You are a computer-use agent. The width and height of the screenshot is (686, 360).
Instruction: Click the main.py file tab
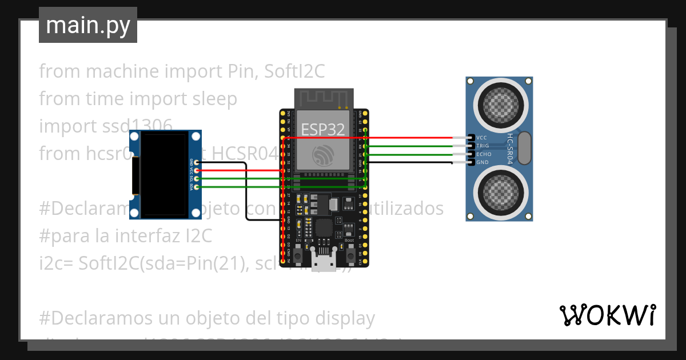pos(88,25)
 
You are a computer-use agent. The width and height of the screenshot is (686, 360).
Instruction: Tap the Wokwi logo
pos(607,315)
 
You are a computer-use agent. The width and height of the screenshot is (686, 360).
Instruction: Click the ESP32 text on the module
pos(323,130)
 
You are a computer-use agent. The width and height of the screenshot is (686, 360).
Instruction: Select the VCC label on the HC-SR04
pos(481,138)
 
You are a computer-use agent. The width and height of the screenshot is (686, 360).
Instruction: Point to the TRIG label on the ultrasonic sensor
pos(482,146)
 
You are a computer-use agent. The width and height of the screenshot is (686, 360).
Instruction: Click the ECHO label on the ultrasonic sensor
pos(484,154)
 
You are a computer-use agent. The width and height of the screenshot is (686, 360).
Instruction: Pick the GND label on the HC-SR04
pos(482,162)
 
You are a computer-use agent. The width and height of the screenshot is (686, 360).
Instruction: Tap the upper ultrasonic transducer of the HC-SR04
pos(500,103)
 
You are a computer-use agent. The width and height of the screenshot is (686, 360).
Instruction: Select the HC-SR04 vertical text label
pos(510,150)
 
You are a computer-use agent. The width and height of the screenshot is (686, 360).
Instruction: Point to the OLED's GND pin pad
pos(197,163)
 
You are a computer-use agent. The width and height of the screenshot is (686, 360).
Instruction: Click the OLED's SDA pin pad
pos(197,187)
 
